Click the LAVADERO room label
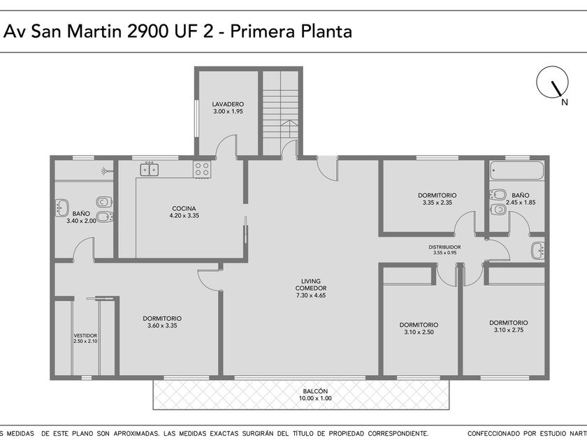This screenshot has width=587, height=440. (x=228, y=104)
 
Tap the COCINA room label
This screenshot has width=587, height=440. (x=184, y=208)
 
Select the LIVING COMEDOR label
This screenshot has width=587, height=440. (x=311, y=284)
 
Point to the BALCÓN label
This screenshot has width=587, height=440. (x=316, y=391)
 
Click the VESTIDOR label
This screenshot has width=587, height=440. (x=85, y=336)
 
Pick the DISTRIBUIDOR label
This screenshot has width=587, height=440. (x=444, y=247)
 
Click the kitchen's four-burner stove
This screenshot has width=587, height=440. (x=202, y=169)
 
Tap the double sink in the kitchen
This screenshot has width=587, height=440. (x=150, y=170)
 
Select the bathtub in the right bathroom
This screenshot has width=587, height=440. (x=517, y=172)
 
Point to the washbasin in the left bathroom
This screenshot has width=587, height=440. (x=61, y=207)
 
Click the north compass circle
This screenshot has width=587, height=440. (x=552, y=82)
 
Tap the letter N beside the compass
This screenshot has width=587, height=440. (x=565, y=102)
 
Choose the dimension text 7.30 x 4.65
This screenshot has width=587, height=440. (x=311, y=295)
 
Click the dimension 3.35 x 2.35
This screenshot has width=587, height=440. (x=437, y=203)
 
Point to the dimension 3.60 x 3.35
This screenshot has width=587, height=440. (x=162, y=325)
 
